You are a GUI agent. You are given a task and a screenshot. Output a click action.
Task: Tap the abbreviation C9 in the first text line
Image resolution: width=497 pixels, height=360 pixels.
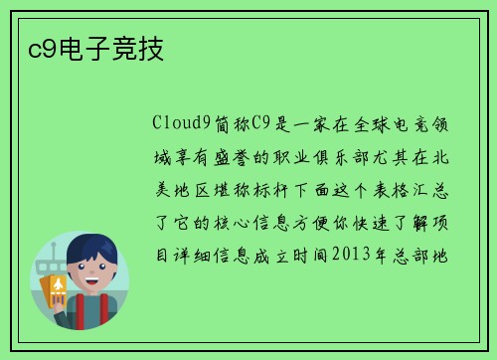coord(260,123)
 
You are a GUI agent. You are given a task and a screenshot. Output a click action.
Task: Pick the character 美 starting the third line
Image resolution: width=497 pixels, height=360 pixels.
coord(162,188)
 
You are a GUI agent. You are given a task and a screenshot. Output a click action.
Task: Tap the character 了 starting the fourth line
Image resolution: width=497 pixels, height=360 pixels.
coord(162,221)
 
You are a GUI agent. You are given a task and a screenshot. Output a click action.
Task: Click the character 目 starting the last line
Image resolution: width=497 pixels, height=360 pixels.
coord(162,254)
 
